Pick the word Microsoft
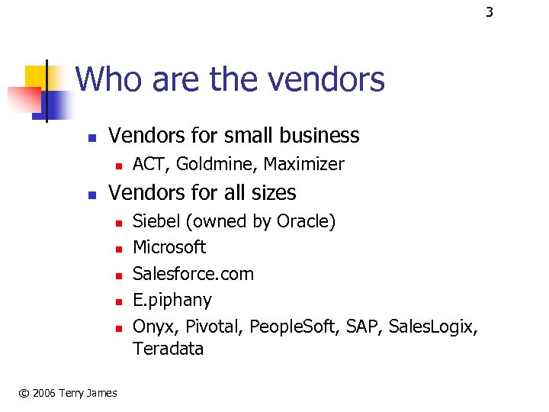pyautogui.click(x=169, y=247)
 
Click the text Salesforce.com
pyautogui.click(x=193, y=273)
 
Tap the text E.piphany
pyautogui.click(x=172, y=299)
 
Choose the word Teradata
pyautogui.click(x=169, y=349)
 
